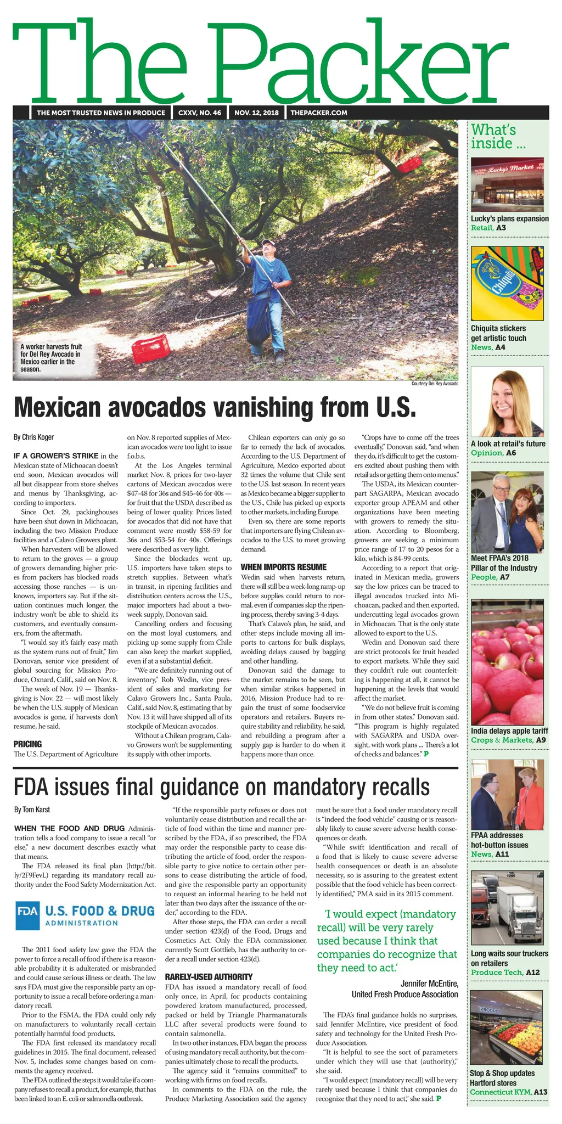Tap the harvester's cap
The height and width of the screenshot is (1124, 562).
pos(267,242)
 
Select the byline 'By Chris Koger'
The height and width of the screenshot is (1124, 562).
pos(34,437)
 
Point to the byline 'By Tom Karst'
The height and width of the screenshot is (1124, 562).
pos(32,810)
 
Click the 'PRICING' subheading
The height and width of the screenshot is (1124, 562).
pos(27,744)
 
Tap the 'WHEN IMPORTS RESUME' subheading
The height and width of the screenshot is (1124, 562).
pos(284,567)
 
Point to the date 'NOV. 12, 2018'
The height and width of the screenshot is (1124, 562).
pos(256,113)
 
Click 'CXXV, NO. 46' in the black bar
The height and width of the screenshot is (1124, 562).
pos(200,113)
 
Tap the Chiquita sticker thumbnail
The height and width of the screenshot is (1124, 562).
pos(507,283)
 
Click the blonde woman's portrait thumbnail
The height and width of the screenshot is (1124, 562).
pos(507,402)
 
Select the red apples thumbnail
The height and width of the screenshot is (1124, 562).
pos(507,661)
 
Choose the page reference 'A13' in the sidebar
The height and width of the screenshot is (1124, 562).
pos(541,1092)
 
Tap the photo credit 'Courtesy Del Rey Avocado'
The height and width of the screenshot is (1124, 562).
pos(434,384)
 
